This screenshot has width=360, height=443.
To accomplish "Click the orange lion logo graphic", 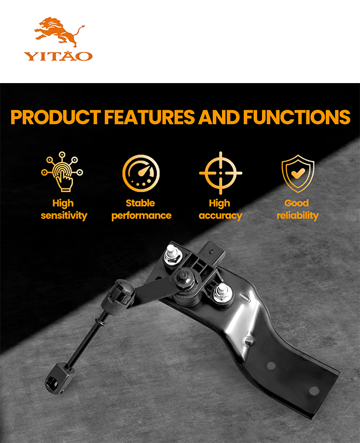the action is [59, 32].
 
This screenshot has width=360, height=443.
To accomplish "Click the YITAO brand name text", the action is [58, 56].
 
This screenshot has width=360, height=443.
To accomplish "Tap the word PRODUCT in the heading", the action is [55, 117].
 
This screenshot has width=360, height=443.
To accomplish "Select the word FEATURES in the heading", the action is [150, 117].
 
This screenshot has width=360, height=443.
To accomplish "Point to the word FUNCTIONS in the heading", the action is [297, 117].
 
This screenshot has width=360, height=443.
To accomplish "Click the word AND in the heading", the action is [219, 117].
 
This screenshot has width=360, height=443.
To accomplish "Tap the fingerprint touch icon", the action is [62, 172].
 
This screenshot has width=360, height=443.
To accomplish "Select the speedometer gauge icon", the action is [141, 173].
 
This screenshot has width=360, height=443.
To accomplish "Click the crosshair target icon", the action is [220, 173].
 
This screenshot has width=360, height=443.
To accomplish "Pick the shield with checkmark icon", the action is [298, 173].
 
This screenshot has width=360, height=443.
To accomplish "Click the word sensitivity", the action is [64, 215].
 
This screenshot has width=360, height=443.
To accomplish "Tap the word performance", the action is [141, 216].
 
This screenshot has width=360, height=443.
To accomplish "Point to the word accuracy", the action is [220, 216].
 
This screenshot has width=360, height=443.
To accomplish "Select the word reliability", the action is [297, 215].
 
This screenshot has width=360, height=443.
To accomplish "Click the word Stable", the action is [141, 203].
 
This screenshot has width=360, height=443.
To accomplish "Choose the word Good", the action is [297, 203].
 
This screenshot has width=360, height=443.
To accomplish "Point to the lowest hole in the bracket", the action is [314, 391].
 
